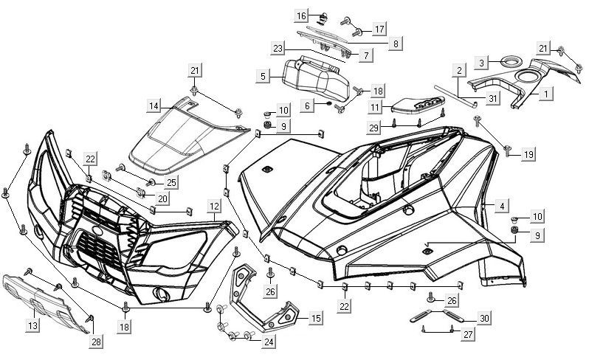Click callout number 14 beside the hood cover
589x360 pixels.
pyautogui.click(x=153, y=106)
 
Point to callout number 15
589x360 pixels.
pyautogui.click(x=315, y=319)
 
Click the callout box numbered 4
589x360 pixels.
pyautogui.click(x=501, y=206)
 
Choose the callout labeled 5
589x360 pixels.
pyautogui.click(x=262, y=75)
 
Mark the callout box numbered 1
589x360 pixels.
pyautogui.click(x=547, y=94)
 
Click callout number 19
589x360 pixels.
pyautogui.click(x=528, y=154)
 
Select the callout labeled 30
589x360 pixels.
pyautogui.click(x=483, y=319)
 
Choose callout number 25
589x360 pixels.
pyautogui.click(x=171, y=182)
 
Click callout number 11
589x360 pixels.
pyautogui.click(x=375, y=108)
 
